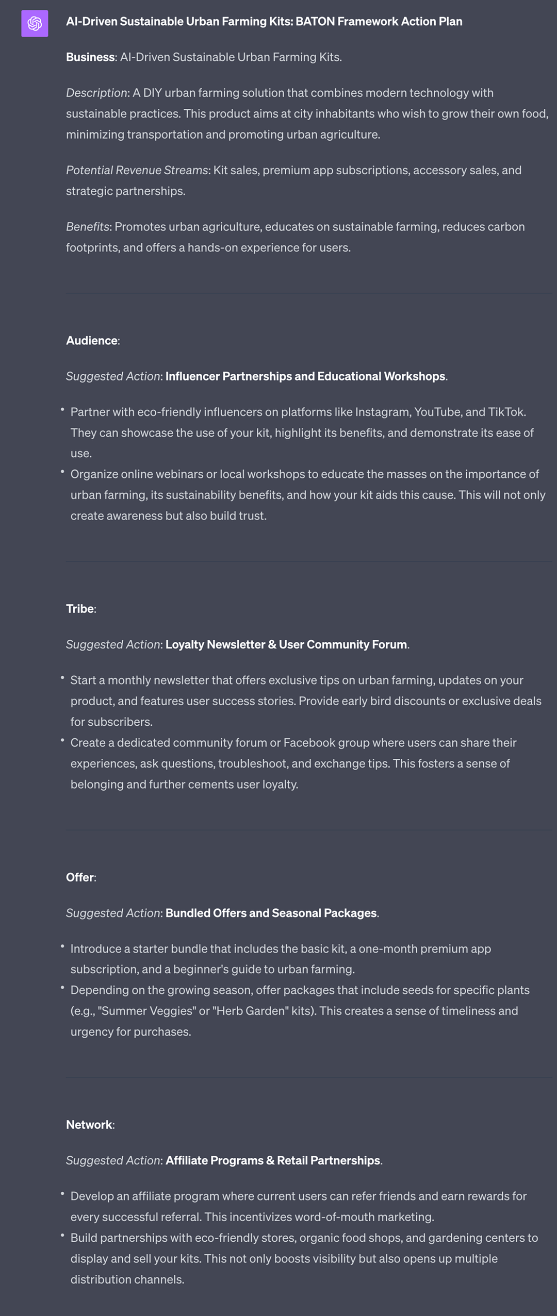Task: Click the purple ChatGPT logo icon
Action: [x=35, y=23]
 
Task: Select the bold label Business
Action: [x=90, y=57]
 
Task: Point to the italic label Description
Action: [x=96, y=93]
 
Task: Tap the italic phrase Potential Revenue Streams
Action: [x=137, y=170]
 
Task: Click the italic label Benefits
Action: [x=88, y=227]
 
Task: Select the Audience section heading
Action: [x=92, y=341]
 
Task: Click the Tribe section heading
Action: [x=80, y=609]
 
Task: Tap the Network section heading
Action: [x=89, y=1125]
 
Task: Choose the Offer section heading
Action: [x=80, y=877]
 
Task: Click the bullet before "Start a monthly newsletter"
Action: [x=62, y=678]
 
